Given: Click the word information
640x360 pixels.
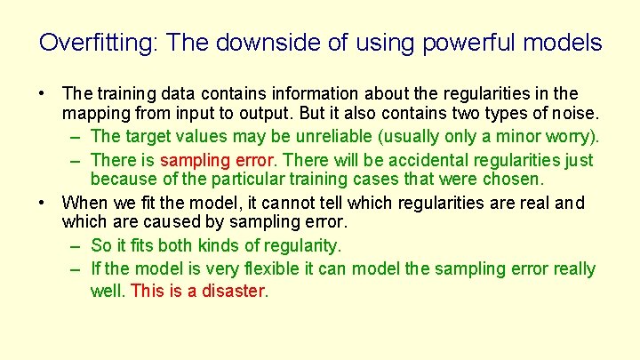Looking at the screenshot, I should pyautogui.click(x=288, y=93).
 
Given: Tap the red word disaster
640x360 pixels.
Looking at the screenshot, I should pyautogui.click(x=236, y=290).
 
